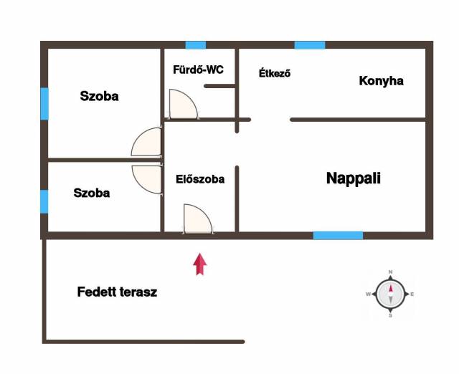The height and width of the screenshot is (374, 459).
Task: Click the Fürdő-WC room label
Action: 198,69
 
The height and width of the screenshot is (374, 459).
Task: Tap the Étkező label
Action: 275,73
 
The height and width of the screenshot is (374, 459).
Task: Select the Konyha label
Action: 381,81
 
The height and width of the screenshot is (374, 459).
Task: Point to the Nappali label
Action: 354,178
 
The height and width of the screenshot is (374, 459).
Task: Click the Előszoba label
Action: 200,179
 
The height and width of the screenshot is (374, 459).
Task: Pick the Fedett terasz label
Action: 117,292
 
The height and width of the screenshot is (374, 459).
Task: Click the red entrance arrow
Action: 200,264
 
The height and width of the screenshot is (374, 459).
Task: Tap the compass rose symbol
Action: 390,294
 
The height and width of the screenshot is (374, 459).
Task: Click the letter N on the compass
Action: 390,272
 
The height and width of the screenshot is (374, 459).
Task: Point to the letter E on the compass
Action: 412,294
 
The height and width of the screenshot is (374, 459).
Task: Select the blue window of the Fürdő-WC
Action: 196,45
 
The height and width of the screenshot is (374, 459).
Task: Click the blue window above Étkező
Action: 310,45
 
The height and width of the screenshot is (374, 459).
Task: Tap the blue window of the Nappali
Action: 338,236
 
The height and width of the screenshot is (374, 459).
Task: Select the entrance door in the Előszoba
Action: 198,219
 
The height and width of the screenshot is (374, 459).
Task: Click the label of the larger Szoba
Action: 99,96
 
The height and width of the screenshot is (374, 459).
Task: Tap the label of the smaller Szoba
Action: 92,193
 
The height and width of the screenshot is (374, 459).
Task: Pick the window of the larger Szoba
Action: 44,103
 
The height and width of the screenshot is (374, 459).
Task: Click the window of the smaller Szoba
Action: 44,201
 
